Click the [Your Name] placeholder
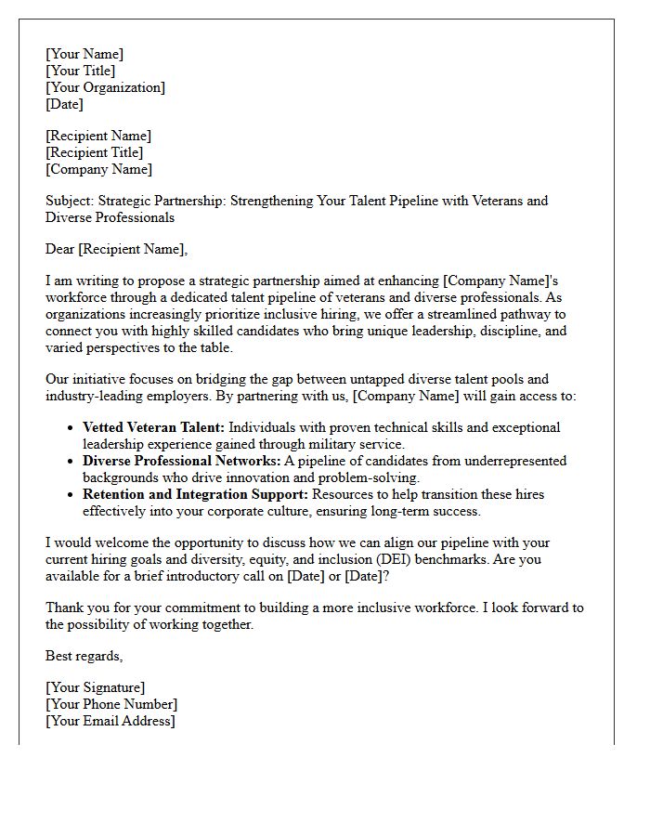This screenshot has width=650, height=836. pos(84,54)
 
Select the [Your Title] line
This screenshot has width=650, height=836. pos(81,71)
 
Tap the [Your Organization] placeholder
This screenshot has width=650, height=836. pos(105,87)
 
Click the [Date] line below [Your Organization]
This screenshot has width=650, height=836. pos(64,104)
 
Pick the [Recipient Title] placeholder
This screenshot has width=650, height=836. pos(94,152)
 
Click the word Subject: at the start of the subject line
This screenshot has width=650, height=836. pos(70,201)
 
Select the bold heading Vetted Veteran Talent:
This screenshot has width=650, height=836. pos(153,427)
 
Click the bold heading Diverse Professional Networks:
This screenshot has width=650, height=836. pos(182,461)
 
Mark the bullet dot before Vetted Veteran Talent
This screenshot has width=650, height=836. pos(71,428)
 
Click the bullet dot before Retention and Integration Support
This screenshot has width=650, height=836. pos(71,495)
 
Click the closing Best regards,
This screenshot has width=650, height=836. pos(84,656)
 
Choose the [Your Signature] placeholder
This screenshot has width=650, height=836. pos(95,687)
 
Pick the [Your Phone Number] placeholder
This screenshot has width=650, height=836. pos(110,704)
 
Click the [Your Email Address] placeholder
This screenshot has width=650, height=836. pos(110,721)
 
